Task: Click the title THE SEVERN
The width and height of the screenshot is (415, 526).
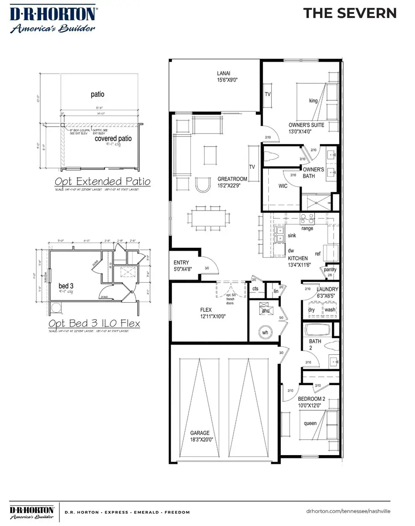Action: [350, 13]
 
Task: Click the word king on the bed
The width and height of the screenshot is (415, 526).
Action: [314, 100]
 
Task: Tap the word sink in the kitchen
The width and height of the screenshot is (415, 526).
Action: [291, 235]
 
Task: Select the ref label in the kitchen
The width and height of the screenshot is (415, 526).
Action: [317, 253]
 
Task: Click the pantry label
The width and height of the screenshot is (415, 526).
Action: [330, 269]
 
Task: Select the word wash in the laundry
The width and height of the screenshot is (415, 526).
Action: [330, 310]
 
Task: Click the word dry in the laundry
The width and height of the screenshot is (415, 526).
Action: [312, 310]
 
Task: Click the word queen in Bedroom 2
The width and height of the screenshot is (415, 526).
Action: [310, 424]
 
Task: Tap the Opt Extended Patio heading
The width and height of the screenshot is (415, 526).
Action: [102, 181]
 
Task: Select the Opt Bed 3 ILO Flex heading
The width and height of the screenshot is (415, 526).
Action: [95, 324]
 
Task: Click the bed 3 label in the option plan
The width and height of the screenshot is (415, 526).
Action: [66, 286]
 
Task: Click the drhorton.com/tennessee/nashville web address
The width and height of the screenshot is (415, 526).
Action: [348, 511]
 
